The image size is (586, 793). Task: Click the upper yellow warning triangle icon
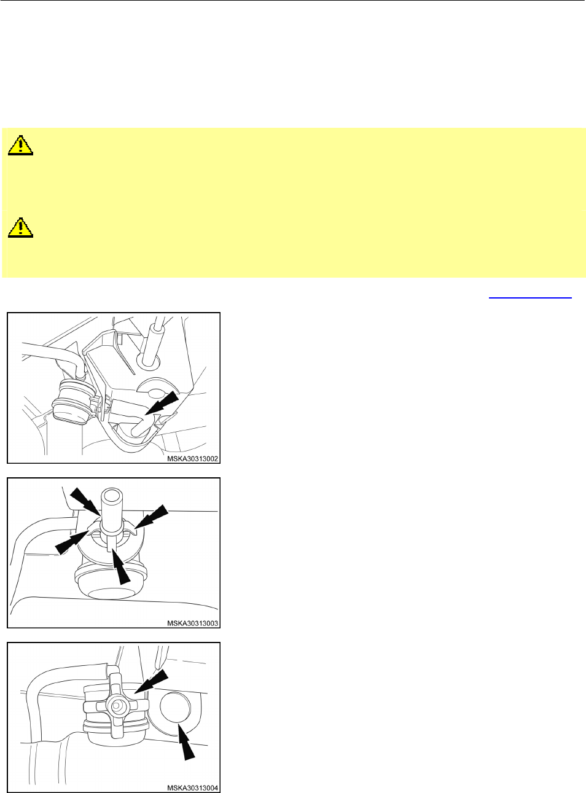[x=21, y=145]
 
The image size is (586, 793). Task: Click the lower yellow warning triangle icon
[x=21, y=227]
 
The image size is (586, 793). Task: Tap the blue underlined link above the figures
[x=530, y=297]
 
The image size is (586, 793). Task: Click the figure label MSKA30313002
[x=192, y=458]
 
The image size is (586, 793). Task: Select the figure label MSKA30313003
[x=192, y=623]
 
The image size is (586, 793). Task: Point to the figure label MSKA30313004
[x=192, y=788]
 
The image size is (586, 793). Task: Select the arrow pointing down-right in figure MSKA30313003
[x=85, y=502]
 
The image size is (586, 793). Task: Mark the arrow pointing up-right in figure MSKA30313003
[x=71, y=542]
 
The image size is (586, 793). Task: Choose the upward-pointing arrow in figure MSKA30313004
[x=186, y=740]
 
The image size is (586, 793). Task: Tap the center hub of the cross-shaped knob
[x=116, y=706]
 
